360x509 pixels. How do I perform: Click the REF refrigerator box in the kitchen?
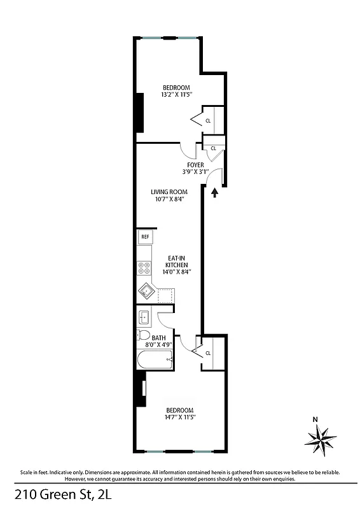(145, 237)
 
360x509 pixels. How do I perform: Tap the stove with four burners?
(144, 268)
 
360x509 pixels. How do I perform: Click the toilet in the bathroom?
(143, 336)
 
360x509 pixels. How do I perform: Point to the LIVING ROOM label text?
(167, 192)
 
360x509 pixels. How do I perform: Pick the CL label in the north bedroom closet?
(208, 119)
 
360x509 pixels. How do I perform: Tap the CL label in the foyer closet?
(213, 148)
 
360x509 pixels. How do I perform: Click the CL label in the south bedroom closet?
(208, 353)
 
